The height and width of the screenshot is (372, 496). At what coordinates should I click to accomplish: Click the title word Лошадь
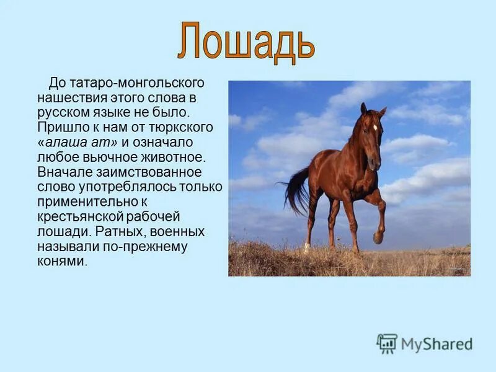click(246, 41)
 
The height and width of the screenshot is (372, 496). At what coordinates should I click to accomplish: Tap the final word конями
click(62, 261)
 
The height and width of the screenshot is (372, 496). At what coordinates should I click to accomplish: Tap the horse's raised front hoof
click(378, 237)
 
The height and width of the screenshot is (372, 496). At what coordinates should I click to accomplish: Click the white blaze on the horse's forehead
click(375, 127)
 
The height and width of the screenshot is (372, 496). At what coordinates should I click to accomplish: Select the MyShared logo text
click(437, 344)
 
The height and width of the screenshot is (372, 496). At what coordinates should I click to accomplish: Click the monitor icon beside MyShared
click(387, 343)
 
